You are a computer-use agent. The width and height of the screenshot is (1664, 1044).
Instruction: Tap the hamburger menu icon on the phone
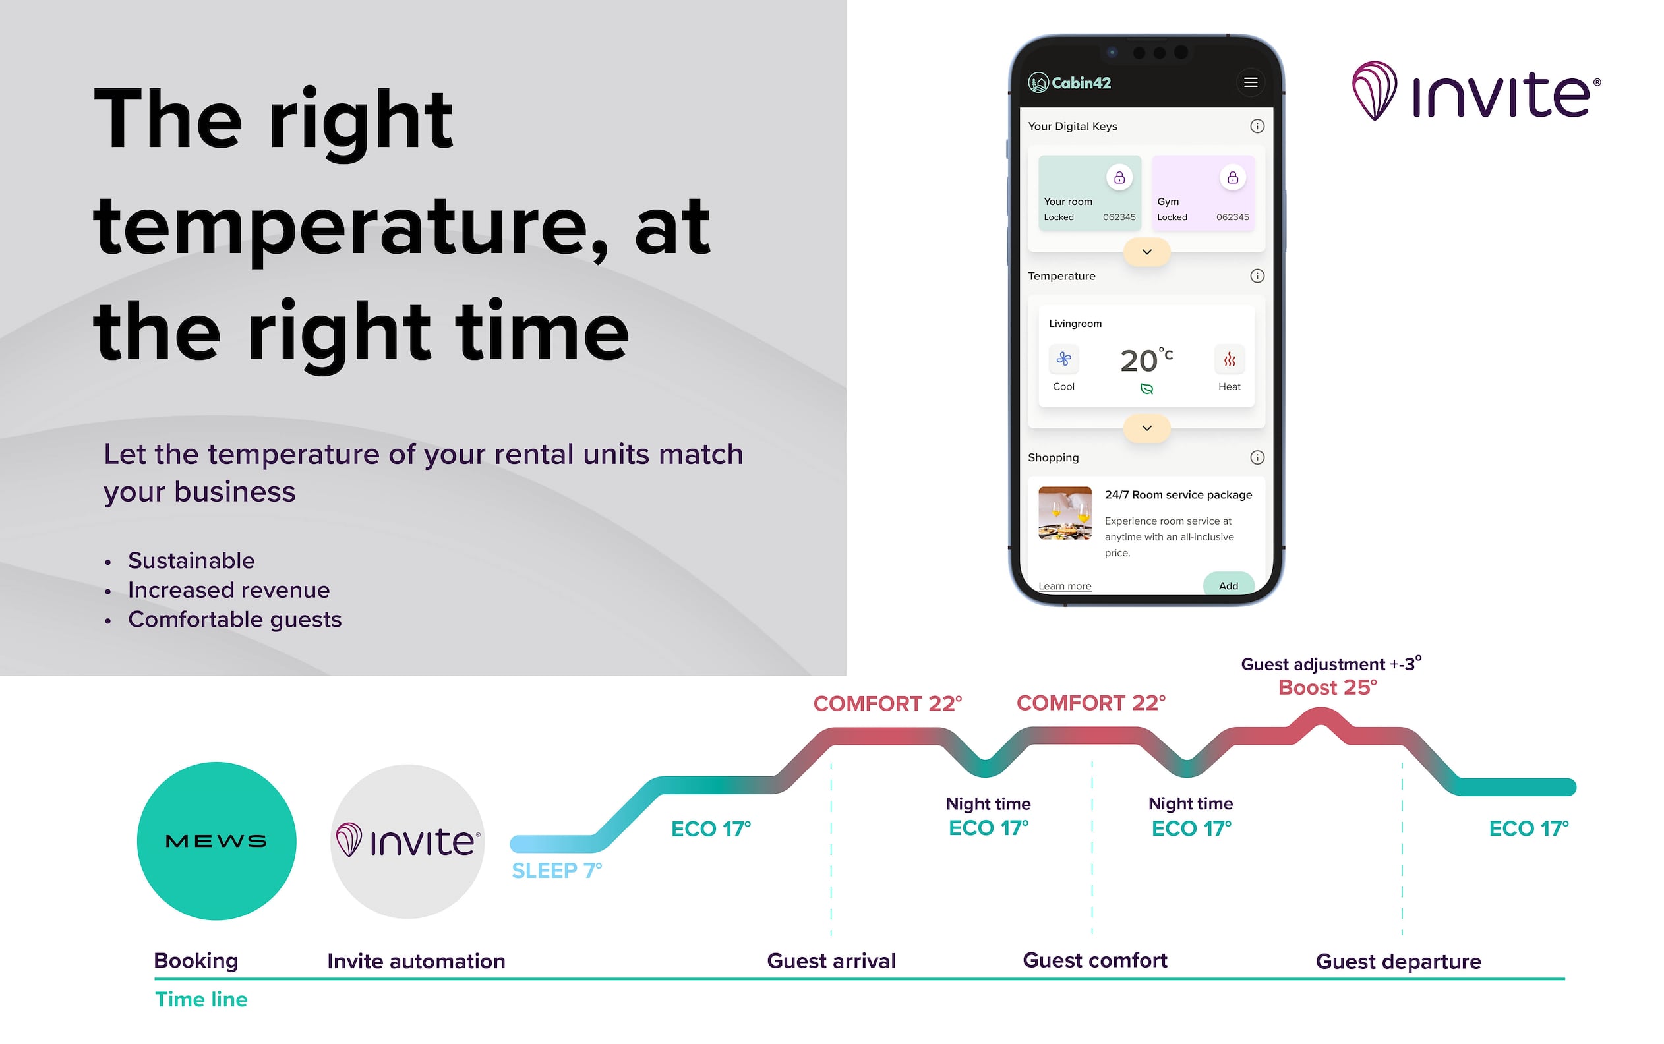click(1250, 83)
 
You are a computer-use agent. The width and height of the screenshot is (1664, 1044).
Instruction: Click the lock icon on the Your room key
click(1119, 177)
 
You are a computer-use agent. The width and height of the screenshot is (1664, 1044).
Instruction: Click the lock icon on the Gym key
click(1232, 177)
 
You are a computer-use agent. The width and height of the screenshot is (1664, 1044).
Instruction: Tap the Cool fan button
click(1063, 359)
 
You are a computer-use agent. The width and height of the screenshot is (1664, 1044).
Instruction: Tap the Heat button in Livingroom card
click(1229, 359)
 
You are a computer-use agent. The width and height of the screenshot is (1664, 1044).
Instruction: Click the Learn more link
click(1065, 585)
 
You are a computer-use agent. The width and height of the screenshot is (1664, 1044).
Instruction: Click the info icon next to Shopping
click(1257, 457)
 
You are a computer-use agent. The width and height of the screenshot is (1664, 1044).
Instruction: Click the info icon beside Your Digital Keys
click(1257, 126)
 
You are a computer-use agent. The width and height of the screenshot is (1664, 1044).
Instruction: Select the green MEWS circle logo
click(216, 840)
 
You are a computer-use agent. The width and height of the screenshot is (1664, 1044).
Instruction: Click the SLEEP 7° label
click(556, 870)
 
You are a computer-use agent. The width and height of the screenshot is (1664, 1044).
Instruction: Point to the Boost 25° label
click(1327, 687)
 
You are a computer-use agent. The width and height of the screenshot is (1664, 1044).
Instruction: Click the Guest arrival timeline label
click(831, 960)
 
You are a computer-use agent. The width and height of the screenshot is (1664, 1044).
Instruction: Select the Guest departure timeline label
click(1398, 961)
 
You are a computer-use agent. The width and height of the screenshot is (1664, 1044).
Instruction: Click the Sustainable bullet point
click(191, 560)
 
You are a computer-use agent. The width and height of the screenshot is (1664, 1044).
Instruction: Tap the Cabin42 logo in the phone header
click(1069, 83)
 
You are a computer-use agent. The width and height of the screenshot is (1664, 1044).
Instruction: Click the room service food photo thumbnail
click(1065, 513)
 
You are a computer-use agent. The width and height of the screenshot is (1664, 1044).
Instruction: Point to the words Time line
click(201, 999)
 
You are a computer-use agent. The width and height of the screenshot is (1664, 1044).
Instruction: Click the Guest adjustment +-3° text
click(1331, 664)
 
